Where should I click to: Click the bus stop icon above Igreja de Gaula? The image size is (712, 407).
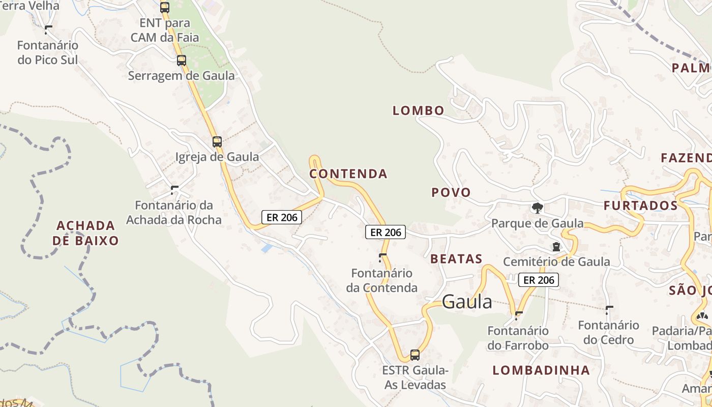(217, 142)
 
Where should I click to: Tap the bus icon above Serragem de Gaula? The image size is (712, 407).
(182, 61)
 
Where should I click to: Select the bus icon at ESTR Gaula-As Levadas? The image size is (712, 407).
(415, 355)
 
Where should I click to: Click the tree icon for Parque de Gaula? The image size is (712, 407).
(537, 208)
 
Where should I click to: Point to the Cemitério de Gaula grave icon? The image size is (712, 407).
(556, 247)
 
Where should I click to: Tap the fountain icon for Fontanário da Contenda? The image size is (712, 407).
(382, 257)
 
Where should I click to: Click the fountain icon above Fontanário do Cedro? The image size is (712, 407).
(609, 310)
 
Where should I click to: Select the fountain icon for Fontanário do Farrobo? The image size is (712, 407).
(518, 315)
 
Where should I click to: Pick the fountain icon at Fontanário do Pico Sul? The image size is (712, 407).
(48, 30)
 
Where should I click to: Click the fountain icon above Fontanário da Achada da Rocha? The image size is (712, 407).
(174, 190)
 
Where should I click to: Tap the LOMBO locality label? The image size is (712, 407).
(418, 110)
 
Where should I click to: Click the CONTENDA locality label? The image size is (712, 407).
(348, 174)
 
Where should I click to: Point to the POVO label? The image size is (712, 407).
(451, 192)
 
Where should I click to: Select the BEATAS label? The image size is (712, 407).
(456, 259)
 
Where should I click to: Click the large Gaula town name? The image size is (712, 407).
(467, 302)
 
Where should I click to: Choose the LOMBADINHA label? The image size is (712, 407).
(541, 370)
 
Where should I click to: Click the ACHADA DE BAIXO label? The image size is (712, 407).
(85, 233)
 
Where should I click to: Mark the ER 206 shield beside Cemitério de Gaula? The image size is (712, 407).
(539, 280)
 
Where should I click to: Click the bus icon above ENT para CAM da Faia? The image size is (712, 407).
(164, 8)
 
